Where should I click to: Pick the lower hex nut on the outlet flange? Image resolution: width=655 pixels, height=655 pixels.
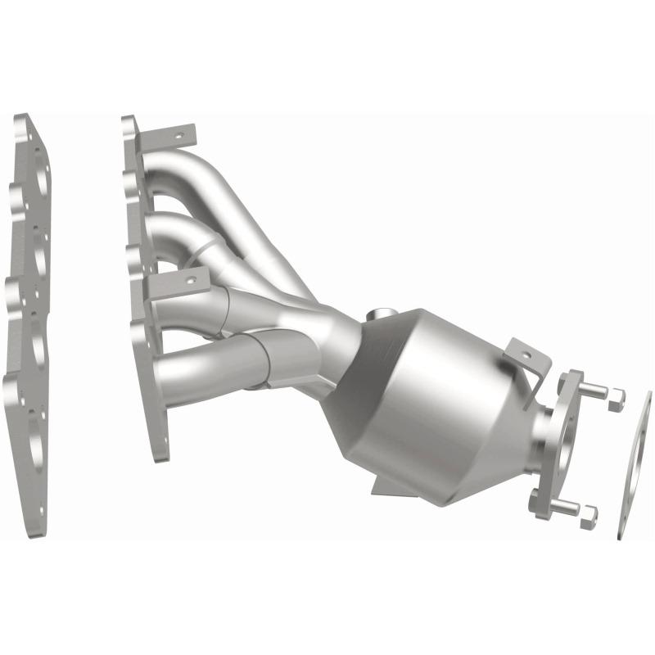point(588,513)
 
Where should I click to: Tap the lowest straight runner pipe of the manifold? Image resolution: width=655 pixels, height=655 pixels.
point(213,368)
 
